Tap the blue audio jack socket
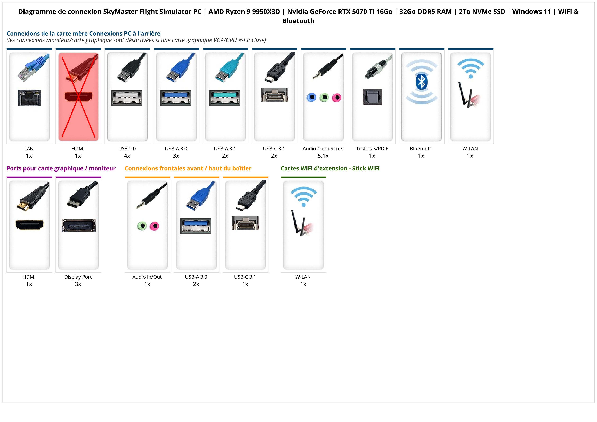click(311, 98)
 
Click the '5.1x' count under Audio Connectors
click(323, 156)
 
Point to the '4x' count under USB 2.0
click(127, 156)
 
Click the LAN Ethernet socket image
click(29, 98)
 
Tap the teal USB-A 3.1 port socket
click(225, 98)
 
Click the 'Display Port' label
click(78, 277)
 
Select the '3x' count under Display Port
click(78, 284)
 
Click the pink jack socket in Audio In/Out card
click(155, 226)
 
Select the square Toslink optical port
click(372, 97)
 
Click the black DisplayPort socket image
click(78, 225)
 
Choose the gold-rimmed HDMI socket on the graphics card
click(29, 225)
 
